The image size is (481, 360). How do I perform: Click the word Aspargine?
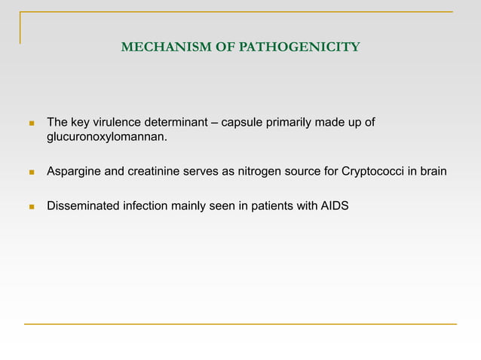[x=74, y=172]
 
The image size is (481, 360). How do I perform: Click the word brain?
[x=432, y=172]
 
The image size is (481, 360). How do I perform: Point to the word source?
[x=302, y=172]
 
